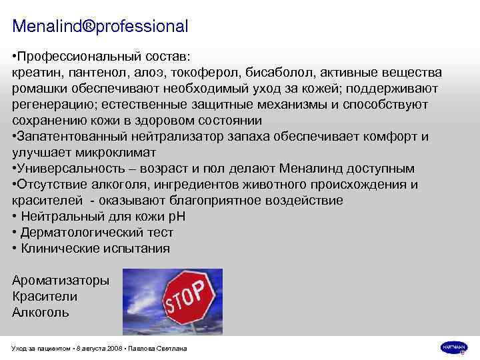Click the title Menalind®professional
tap(101, 27)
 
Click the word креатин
tap(37, 72)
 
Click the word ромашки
tap(39, 88)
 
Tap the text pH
tap(177, 217)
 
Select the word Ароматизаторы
tap(61, 281)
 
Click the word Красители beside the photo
tap(45, 297)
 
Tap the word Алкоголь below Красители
tap(41, 312)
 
